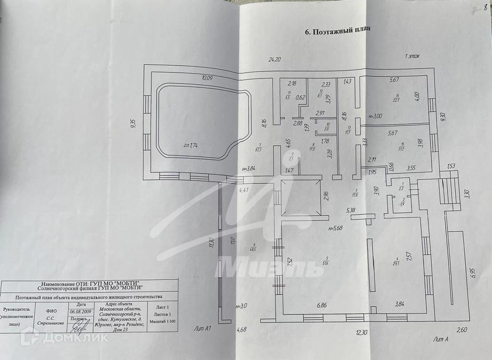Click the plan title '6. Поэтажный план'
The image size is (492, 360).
coord(337,31)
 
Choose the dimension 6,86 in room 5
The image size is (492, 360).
coord(321,305)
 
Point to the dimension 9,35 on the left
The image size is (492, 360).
coord(133,123)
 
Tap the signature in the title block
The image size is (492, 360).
coord(82,324)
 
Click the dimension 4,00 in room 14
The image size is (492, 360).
coord(417,97)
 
